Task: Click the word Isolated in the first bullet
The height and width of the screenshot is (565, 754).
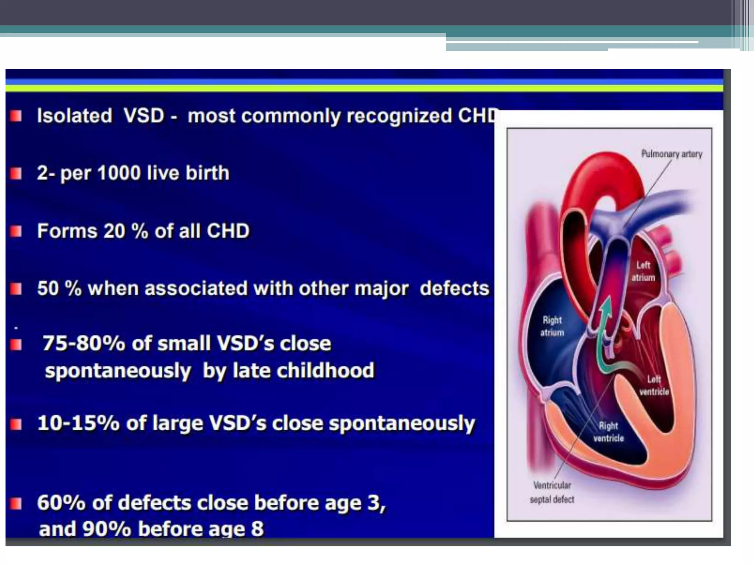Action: pos(74,116)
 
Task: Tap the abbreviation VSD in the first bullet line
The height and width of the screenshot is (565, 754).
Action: pos(144,116)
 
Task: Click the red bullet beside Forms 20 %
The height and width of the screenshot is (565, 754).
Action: pos(16,231)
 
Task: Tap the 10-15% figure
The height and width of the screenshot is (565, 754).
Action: pos(78,423)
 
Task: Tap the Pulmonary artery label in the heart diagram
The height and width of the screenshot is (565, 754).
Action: pos(672,154)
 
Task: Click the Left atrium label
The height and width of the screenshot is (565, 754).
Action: pos(643,271)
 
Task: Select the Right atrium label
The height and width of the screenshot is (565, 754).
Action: pos(552,326)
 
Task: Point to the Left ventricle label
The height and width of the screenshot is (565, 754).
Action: pos(654,385)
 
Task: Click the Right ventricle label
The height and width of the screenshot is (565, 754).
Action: pos(608,432)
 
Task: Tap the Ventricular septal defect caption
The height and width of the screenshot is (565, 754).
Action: pos(552,492)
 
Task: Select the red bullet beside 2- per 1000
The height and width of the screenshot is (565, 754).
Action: pos(16,173)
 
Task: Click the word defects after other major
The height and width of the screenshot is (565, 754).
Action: pos(454,288)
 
